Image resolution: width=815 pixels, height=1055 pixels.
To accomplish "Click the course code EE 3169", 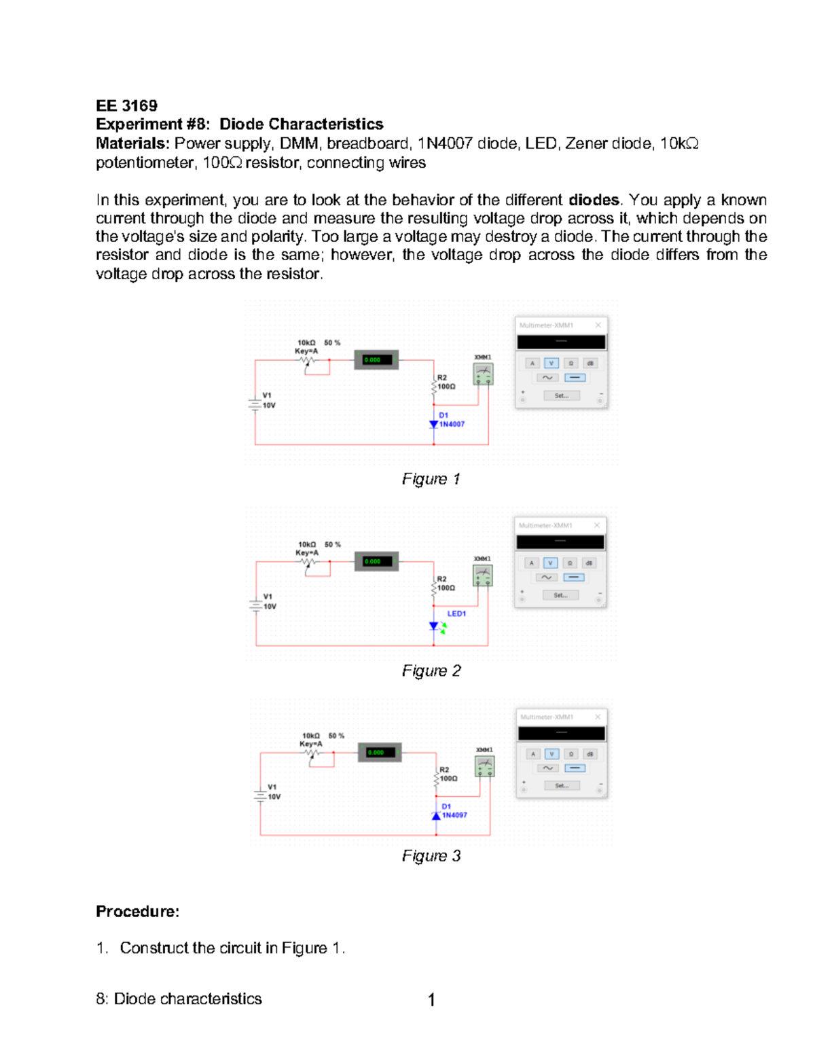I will pyautogui.click(x=126, y=105).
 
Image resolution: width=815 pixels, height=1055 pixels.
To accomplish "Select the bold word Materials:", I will pyautogui.click(x=132, y=143).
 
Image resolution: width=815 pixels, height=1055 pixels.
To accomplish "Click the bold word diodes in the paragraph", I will pyautogui.click(x=594, y=200).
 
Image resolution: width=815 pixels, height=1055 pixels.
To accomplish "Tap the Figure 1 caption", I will pyautogui.click(x=431, y=479).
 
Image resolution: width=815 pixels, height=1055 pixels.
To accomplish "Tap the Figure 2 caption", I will pyautogui.click(x=431, y=671).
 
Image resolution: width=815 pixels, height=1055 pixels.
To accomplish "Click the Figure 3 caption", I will pyautogui.click(x=431, y=856).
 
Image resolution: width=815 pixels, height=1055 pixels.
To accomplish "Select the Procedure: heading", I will pyautogui.click(x=137, y=912).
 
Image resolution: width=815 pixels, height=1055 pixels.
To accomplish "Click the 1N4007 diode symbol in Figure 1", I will pyautogui.click(x=434, y=424).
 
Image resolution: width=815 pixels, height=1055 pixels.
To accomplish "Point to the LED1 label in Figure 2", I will pyautogui.click(x=456, y=613).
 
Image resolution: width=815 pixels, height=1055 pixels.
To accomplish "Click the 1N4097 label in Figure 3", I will pyautogui.click(x=454, y=815).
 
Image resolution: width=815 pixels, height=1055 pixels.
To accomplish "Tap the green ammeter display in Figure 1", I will pyautogui.click(x=376, y=360).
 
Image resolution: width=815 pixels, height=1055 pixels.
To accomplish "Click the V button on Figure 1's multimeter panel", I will pyautogui.click(x=551, y=363).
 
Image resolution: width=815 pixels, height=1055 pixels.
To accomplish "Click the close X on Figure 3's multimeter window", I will pyautogui.click(x=598, y=717).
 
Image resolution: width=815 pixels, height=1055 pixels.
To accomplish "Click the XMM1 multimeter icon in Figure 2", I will pyautogui.click(x=482, y=575).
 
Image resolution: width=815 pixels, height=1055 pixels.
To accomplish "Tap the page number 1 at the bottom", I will pyautogui.click(x=431, y=999).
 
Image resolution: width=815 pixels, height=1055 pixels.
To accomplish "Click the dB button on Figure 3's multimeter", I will pyautogui.click(x=590, y=754).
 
